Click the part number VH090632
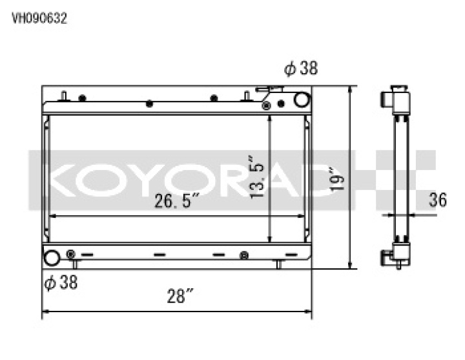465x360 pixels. (x=39, y=19)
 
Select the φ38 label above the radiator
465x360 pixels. (x=301, y=69)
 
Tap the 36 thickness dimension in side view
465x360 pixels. (x=438, y=200)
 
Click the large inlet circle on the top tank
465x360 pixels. (x=302, y=100)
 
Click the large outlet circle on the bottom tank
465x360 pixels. (x=52, y=258)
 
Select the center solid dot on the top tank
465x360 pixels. (x=149, y=103)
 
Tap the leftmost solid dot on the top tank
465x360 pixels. (x=82, y=98)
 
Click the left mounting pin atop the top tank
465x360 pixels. (x=64, y=96)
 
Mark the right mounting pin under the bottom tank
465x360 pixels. (x=279, y=264)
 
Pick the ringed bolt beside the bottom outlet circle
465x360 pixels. (x=70, y=254)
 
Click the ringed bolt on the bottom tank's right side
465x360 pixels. (x=243, y=255)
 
